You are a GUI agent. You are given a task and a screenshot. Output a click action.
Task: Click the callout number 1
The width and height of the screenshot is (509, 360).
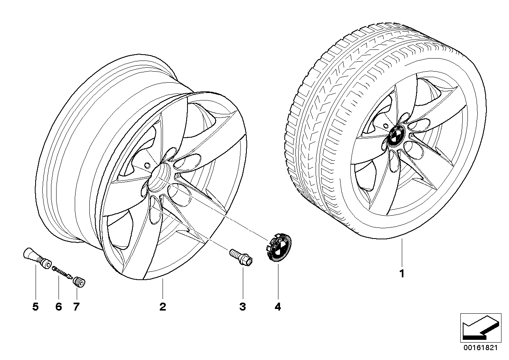(x=402, y=274)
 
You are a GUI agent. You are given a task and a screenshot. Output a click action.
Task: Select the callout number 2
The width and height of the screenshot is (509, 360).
(x=163, y=307)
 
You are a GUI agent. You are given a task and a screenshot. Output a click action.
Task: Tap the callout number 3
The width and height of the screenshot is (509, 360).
(x=243, y=307)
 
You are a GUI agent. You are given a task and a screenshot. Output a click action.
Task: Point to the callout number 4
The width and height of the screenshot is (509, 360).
(x=278, y=307)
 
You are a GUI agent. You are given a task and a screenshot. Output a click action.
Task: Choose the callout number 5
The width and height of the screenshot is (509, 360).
(x=36, y=307)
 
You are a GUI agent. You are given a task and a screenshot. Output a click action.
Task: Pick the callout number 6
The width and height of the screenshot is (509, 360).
(x=59, y=307)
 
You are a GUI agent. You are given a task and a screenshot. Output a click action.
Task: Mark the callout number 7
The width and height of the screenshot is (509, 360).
(x=76, y=307)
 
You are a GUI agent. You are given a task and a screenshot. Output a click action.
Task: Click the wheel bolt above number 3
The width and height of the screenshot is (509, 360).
(x=241, y=257)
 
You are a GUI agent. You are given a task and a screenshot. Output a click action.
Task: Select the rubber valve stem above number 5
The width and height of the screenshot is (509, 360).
(x=38, y=258)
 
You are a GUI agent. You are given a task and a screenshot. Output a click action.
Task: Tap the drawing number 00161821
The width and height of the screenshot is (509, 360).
(x=481, y=348)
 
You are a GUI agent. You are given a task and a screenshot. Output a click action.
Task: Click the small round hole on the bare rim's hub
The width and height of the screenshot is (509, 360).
(x=147, y=165)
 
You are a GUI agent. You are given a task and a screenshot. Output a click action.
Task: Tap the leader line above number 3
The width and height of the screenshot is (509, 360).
(x=243, y=282)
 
